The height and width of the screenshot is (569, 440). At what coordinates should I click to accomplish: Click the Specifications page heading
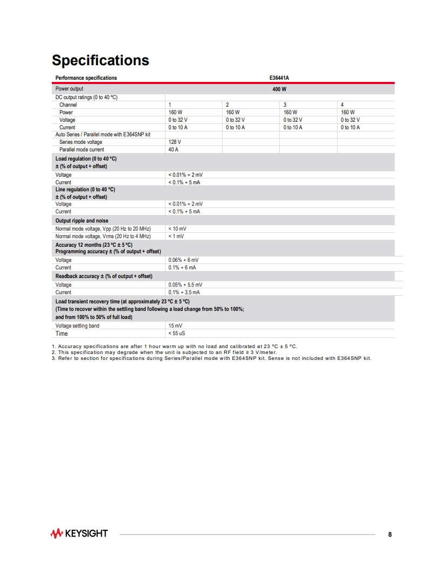click(x=100, y=60)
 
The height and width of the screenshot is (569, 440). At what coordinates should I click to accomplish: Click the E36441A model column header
click(x=279, y=78)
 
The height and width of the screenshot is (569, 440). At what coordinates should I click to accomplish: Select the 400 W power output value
click(x=279, y=88)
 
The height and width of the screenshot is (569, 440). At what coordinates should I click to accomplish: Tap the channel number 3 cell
click(x=285, y=105)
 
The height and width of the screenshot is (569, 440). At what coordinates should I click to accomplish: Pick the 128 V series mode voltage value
click(x=175, y=142)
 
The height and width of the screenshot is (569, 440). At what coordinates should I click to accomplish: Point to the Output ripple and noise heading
click(x=81, y=221)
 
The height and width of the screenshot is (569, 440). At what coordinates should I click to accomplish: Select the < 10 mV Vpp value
click(x=177, y=229)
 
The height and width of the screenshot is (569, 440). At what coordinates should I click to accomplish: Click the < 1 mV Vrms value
click(x=176, y=237)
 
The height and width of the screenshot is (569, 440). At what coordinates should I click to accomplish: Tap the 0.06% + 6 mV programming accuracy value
click(x=183, y=260)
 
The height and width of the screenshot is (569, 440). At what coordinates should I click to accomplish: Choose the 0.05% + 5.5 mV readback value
click(x=185, y=285)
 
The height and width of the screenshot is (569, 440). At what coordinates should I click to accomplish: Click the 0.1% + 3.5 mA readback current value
click(x=184, y=293)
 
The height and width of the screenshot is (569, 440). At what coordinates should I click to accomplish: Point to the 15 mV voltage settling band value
click(x=175, y=326)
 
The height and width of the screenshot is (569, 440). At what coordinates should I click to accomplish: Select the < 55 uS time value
click(x=177, y=334)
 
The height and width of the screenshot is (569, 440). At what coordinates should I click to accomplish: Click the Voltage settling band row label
click(x=77, y=326)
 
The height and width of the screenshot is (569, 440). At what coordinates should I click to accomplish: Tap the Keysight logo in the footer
click(x=79, y=534)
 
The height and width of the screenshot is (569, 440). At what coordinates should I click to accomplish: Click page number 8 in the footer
click(x=390, y=535)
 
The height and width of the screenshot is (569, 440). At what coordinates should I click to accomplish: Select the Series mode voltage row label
click(x=80, y=142)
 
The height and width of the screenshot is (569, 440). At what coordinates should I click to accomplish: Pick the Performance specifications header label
click(x=86, y=78)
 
